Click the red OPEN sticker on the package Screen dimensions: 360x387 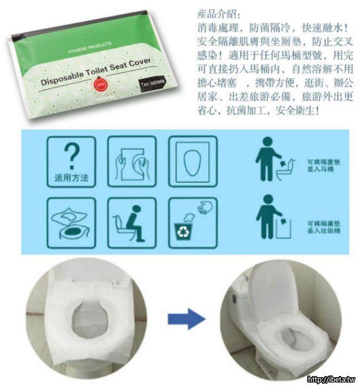click(100, 84)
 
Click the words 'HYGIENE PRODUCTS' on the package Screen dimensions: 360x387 click(90, 48)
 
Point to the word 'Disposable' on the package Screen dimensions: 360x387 click(61, 78)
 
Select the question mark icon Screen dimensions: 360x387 click(71, 156)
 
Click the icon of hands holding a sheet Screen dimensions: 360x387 click(132, 162)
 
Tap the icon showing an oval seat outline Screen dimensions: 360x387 click(193, 162)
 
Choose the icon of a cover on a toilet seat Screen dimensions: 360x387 click(71, 223)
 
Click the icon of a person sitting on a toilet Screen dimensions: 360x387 click(132, 223)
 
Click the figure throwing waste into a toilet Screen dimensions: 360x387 click(274, 159)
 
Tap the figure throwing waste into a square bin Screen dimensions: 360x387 click(273, 216)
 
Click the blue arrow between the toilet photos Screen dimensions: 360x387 click(187, 319)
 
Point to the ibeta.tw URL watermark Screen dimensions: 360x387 click(331, 379)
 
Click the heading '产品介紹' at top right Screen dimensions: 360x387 click(218, 14)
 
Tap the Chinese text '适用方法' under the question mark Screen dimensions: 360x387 click(71, 178)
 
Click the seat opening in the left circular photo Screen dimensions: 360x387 click(90, 319)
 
